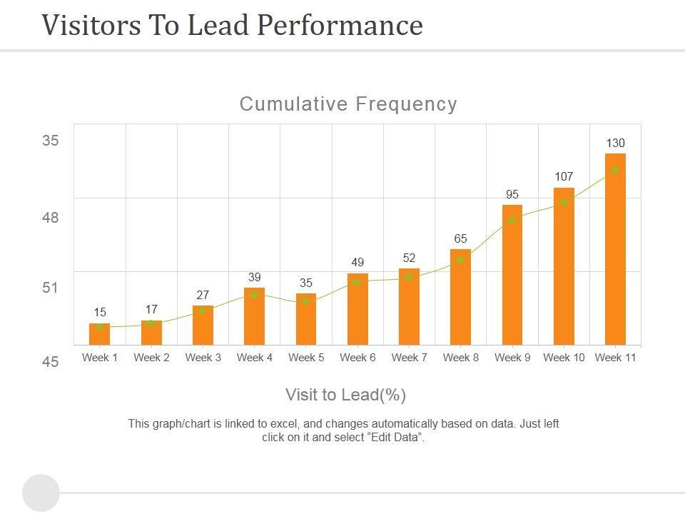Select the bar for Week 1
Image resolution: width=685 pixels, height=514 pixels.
pyautogui.click(x=100, y=334)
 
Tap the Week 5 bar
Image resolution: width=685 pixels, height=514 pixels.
pyautogui.click(x=306, y=319)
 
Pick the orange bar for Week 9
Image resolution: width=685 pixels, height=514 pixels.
pyautogui.click(x=512, y=275)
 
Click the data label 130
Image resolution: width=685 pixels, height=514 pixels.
pyautogui.click(x=615, y=143)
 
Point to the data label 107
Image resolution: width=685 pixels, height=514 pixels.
pyautogui.click(x=564, y=176)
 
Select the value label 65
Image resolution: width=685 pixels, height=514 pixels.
pyautogui.click(x=461, y=238)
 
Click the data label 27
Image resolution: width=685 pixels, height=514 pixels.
pyautogui.click(x=203, y=295)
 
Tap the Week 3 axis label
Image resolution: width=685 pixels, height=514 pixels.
pyautogui.click(x=203, y=358)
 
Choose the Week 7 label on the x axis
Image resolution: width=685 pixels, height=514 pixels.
pyautogui.click(x=410, y=358)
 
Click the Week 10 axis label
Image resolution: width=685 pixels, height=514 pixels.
pyautogui.click(x=564, y=358)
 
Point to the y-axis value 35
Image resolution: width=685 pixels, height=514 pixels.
pyautogui.click(x=50, y=141)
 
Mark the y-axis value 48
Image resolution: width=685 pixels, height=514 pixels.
pyautogui.click(x=50, y=218)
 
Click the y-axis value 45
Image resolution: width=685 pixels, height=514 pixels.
pyautogui.click(x=50, y=362)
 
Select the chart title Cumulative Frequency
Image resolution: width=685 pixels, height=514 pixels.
pyautogui.click(x=348, y=104)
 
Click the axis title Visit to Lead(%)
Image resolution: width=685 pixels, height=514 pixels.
pyautogui.click(x=346, y=395)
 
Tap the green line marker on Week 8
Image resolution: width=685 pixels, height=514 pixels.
pyautogui.click(x=461, y=260)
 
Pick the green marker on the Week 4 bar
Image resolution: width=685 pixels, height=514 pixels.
pyautogui.click(x=255, y=294)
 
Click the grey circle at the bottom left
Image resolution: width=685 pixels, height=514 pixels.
pyautogui.click(x=41, y=493)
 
